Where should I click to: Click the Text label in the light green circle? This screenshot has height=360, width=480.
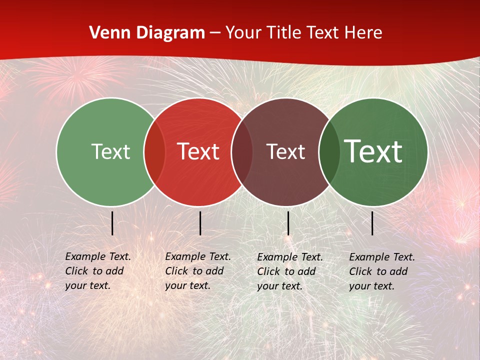point(110,152)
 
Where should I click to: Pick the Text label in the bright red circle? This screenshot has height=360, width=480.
point(198,152)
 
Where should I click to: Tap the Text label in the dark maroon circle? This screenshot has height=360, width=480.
point(285,152)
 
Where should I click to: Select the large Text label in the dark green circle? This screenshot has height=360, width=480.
point(373,151)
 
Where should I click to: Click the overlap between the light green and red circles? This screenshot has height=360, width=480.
point(154,152)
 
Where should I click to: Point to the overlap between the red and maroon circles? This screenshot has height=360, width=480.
point(242,152)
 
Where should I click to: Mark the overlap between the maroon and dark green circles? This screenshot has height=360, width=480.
point(329,152)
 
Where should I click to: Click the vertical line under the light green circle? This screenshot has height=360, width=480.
point(112,223)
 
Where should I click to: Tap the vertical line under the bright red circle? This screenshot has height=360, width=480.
point(200,223)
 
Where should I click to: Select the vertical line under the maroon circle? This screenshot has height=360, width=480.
point(288,223)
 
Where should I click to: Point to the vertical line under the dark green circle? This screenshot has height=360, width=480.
point(372,223)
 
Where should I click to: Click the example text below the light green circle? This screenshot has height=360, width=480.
point(98,271)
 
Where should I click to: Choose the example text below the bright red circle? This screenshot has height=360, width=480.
point(198,271)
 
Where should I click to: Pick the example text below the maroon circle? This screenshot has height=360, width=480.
point(290,271)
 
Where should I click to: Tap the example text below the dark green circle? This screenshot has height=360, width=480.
point(382,271)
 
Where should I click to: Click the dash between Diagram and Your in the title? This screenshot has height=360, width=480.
point(215,33)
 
